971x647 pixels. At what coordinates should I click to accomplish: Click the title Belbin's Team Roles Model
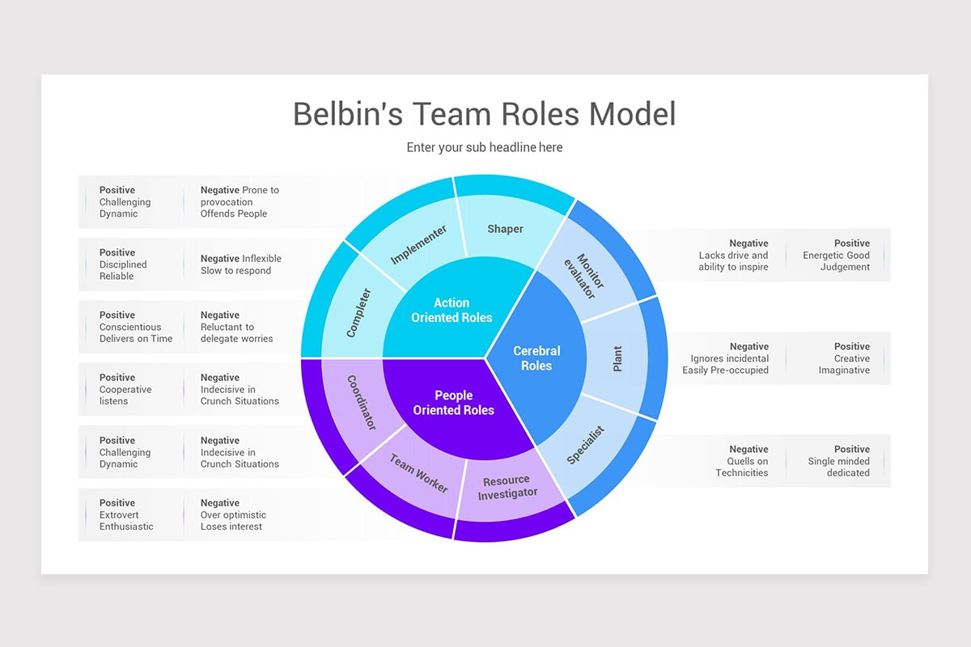tap(484, 114)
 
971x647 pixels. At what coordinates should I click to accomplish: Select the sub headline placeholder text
tap(484, 147)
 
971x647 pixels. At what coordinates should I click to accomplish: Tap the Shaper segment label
tap(505, 229)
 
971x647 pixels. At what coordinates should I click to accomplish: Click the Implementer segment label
tap(418, 245)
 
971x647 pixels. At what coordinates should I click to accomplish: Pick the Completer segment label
tap(358, 312)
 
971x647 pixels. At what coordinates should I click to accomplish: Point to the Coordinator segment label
tap(362, 402)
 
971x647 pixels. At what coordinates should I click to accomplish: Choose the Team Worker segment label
tap(418, 473)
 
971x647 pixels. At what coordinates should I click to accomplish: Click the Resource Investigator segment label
tap(507, 488)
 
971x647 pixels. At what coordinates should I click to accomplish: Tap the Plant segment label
tap(617, 358)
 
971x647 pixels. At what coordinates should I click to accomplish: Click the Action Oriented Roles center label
tap(452, 311)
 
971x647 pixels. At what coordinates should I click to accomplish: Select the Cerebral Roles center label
tap(536, 358)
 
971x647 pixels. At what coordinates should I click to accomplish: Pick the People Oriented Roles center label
tap(453, 403)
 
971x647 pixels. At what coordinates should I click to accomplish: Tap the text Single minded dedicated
tap(838, 467)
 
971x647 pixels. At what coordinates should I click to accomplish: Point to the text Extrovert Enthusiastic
tap(126, 521)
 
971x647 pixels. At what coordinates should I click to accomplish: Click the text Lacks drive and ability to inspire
tap(733, 261)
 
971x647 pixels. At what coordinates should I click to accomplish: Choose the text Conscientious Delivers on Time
tap(135, 333)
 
